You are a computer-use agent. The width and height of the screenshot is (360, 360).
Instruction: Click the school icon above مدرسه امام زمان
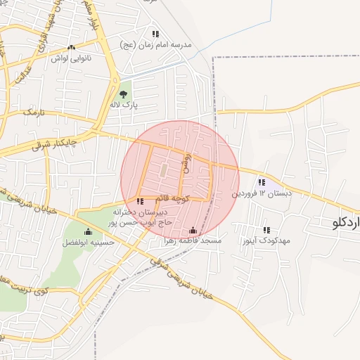point(155,34)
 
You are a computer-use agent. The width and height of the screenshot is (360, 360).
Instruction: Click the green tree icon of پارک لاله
point(124,94)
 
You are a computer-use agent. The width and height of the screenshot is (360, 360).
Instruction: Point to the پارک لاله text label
point(124,105)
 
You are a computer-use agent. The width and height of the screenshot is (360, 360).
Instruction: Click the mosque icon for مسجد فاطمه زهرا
point(193,231)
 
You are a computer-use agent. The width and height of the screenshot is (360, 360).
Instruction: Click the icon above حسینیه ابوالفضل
point(88,232)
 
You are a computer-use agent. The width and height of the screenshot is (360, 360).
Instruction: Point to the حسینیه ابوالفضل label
point(87,242)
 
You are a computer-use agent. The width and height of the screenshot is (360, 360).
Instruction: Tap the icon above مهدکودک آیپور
point(266,230)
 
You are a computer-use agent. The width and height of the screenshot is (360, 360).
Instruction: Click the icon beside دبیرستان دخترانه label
point(139,202)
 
